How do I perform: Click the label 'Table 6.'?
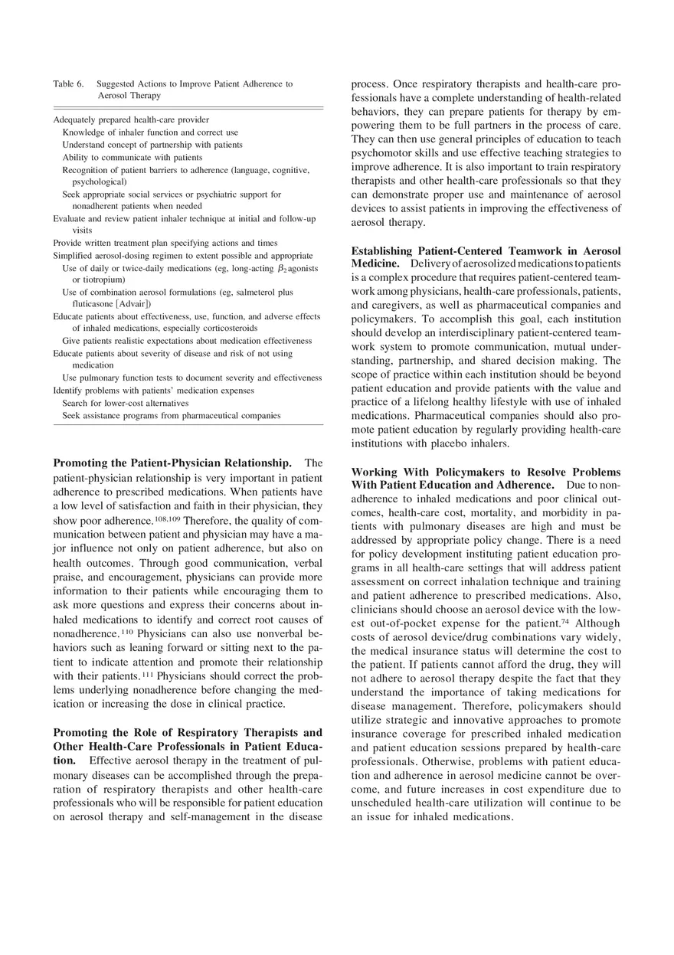[x=68, y=84]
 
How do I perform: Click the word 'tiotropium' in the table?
[x=101, y=280]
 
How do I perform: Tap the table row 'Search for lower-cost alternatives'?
[x=125, y=403]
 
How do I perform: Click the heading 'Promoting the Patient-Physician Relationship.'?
[x=172, y=463]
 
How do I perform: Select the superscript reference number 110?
[x=126, y=633]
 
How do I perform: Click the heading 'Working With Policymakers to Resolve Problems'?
[x=486, y=472]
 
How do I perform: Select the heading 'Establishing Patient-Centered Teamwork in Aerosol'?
[x=486, y=251]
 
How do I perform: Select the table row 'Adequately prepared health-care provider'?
[x=131, y=119]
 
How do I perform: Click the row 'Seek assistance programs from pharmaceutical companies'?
[x=171, y=415]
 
